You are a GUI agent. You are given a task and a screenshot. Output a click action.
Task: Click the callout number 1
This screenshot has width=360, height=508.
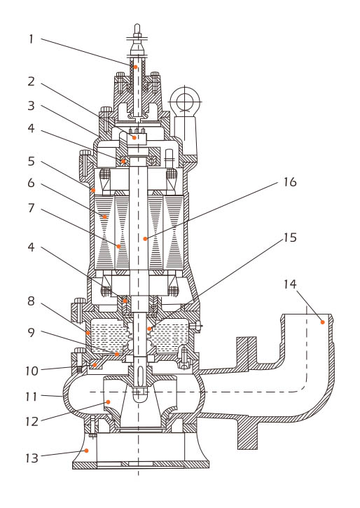click(x=31, y=39)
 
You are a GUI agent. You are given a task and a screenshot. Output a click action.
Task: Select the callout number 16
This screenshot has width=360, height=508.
click(x=290, y=182)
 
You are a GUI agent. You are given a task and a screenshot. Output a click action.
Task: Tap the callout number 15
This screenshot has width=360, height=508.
click(x=290, y=238)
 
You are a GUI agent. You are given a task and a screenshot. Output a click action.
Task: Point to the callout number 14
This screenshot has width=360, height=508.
click(x=290, y=284)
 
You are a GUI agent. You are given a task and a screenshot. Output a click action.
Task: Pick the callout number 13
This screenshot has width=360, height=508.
click(x=32, y=458)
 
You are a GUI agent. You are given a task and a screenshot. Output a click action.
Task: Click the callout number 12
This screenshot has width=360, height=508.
click(x=32, y=422)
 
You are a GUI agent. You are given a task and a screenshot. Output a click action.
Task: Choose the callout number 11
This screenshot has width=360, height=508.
click(x=32, y=397)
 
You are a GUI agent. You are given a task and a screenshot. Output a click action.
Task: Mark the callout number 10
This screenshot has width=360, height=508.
click(x=32, y=371)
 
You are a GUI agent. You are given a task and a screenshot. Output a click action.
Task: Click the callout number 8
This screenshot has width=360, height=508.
click(x=31, y=301)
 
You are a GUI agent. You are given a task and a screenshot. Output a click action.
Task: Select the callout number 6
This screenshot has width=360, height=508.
click(x=31, y=183)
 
